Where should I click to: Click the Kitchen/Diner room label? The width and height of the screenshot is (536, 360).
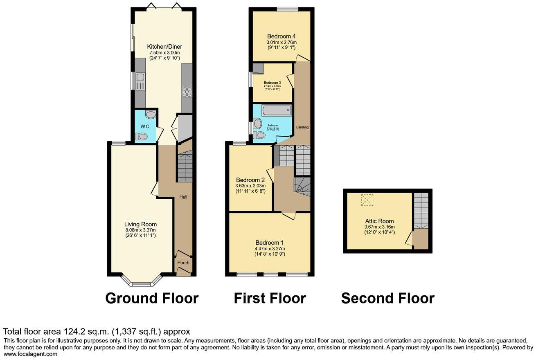(163, 47)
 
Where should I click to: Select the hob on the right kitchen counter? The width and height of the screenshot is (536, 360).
(187, 92)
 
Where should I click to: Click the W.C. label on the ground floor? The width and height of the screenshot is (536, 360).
(145, 127)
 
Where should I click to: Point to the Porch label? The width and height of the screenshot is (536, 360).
(183, 263)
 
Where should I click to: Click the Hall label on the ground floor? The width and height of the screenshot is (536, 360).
(183, 197)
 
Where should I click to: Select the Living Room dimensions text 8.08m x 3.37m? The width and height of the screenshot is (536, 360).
(140, 230)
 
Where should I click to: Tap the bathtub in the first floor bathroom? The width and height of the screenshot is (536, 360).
(277, 110)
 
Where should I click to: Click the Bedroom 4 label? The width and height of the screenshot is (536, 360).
(282, 36)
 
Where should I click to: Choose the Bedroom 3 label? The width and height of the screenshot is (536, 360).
(272, 83)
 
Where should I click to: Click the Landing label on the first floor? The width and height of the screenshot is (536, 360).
(303, 127)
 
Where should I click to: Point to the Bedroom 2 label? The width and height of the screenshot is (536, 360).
(250, 180)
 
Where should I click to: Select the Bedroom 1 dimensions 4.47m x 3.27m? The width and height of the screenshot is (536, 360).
(270, 248)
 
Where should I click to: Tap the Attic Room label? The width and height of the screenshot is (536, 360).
(379, 221)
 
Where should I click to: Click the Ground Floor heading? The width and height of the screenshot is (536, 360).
(152, 298)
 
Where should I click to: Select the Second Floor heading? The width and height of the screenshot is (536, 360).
(387, 298)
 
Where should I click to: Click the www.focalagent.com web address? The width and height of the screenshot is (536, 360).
(30, 354)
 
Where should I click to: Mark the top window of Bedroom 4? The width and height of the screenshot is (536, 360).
(287, 9)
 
